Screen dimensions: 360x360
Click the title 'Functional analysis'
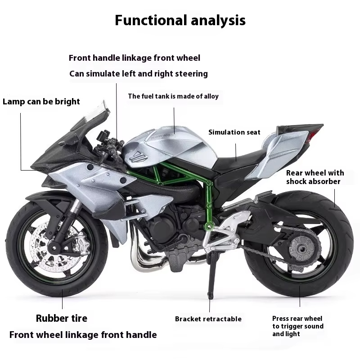click(180, 20)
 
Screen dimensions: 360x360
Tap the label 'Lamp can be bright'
click(41, 101)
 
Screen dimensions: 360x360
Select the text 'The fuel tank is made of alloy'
click(173, 96)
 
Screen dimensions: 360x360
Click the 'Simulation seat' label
click(234, 132)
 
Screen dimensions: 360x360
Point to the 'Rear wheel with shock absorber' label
click(315, 177)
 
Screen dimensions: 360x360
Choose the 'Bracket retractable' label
click(208, 319)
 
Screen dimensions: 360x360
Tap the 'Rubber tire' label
click(62, 318)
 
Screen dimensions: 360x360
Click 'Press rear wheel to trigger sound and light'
click(297, 326)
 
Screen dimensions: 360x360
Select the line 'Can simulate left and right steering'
click(139, 73)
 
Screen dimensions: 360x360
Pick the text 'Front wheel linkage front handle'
click(83, 334)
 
